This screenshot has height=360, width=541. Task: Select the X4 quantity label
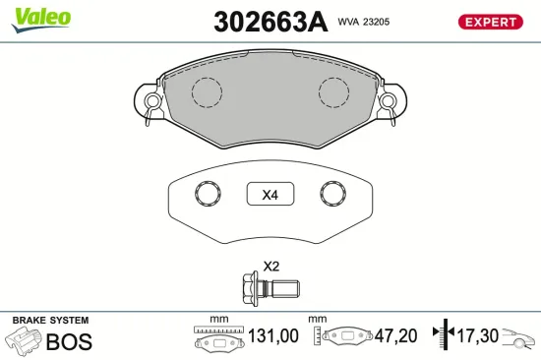pos(270,195)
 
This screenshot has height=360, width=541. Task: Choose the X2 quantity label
pos(270,267)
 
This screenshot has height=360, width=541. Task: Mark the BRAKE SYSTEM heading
pos(49,321)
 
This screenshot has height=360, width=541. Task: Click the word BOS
pos(70,342)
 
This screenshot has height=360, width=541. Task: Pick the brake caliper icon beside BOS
pos(25,341)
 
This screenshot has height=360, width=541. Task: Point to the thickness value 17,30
pos(477,336)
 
